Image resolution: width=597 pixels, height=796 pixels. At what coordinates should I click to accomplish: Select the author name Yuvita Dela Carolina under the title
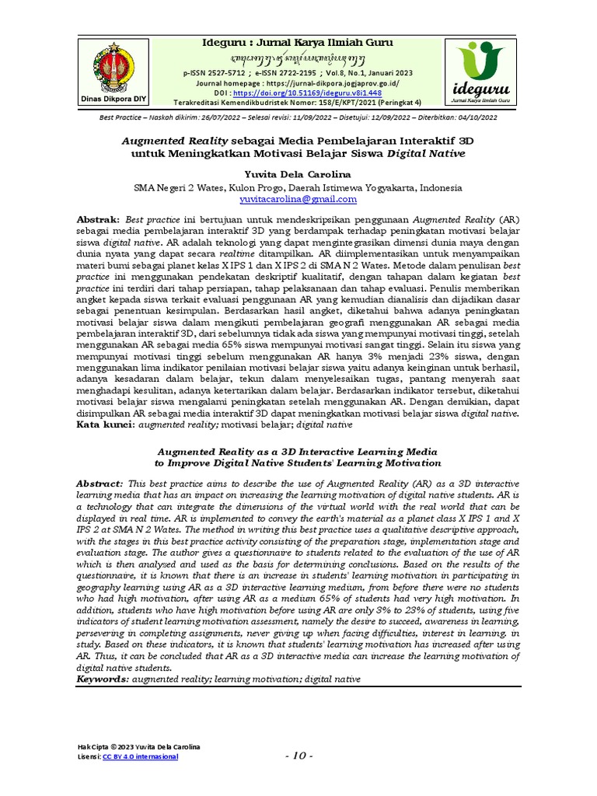pos(299,173)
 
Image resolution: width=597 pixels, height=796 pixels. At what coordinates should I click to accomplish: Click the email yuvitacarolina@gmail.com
pos(298,199)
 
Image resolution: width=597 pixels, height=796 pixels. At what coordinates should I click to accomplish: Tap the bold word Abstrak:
pos(98,221)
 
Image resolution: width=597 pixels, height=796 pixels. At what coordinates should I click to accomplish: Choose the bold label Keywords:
pos(102,679)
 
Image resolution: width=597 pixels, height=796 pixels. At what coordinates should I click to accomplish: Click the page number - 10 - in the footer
pos(299,756)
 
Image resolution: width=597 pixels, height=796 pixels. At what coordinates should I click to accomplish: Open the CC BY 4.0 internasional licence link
pos(140,756)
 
